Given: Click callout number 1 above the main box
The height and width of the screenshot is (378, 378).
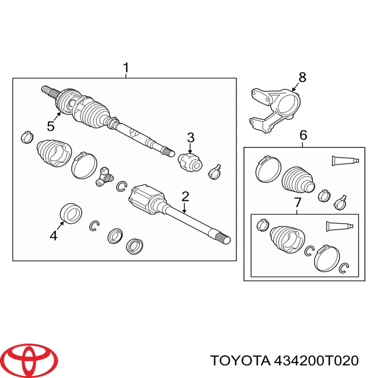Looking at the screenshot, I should [x=126, y=69].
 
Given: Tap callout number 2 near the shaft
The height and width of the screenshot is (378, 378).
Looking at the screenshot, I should [x=185, y=196].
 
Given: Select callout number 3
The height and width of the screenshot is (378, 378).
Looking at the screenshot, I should [x=190, y=138].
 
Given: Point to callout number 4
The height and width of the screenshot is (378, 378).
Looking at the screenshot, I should [x=54, y=235].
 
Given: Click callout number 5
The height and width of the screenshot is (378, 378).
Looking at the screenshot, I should [x=51, y=126].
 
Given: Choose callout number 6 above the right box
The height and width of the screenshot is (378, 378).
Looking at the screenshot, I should [x=303, y=136].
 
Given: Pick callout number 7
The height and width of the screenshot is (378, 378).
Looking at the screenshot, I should [x=297, y=203].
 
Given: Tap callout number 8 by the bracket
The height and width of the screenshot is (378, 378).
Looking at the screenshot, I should [x=302, y=77].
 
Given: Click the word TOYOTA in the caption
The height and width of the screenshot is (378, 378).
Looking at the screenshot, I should [x=239, y=361].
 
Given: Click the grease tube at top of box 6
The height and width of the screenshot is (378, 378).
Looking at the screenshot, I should [x=347, y=161].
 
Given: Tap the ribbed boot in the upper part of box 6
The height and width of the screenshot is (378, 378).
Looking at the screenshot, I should [x=298, y=180].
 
